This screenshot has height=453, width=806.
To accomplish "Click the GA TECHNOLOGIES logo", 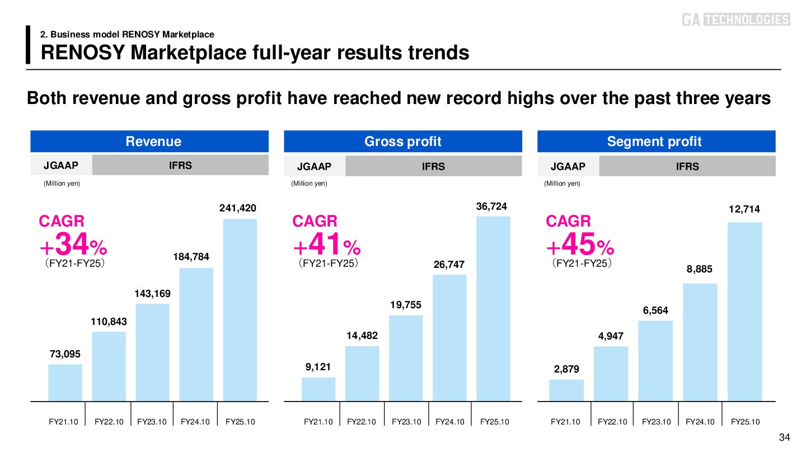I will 735,20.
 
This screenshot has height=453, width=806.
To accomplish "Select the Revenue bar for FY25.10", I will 240,310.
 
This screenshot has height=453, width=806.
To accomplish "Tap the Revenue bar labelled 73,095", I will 65,383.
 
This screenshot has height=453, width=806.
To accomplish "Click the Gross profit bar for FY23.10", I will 406,358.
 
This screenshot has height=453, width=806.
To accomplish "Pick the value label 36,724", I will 491,206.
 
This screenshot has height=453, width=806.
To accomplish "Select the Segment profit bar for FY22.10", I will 611,374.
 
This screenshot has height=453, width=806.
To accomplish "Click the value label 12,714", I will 744,209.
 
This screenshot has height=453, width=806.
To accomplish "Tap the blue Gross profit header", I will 402,141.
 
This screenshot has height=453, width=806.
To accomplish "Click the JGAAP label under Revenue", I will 61,165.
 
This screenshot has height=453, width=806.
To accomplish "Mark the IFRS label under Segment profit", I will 687,166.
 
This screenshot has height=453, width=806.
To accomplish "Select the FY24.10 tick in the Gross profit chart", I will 450,422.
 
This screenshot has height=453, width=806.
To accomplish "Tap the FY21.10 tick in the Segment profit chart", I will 565,422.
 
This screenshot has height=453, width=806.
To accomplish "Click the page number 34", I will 784,437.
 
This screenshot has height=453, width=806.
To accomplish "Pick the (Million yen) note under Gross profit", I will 309,183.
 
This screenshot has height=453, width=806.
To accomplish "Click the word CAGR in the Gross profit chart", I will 315,221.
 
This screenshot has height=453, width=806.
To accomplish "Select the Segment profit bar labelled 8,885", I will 700,342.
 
